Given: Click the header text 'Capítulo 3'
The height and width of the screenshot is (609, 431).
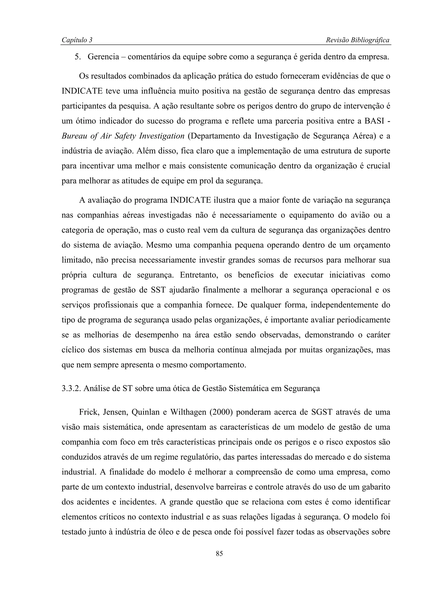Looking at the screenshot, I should [x=77, y=40].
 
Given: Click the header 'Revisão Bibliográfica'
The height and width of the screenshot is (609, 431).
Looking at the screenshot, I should [x=357, y=40].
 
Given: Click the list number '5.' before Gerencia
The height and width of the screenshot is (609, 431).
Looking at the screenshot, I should [x=78, y=57].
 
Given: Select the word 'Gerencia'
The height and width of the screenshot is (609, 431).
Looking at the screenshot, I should [x=103, y=57].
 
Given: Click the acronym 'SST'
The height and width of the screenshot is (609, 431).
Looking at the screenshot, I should [x=158, y=290].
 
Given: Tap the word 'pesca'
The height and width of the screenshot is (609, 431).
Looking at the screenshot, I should [x=203, y=532].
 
